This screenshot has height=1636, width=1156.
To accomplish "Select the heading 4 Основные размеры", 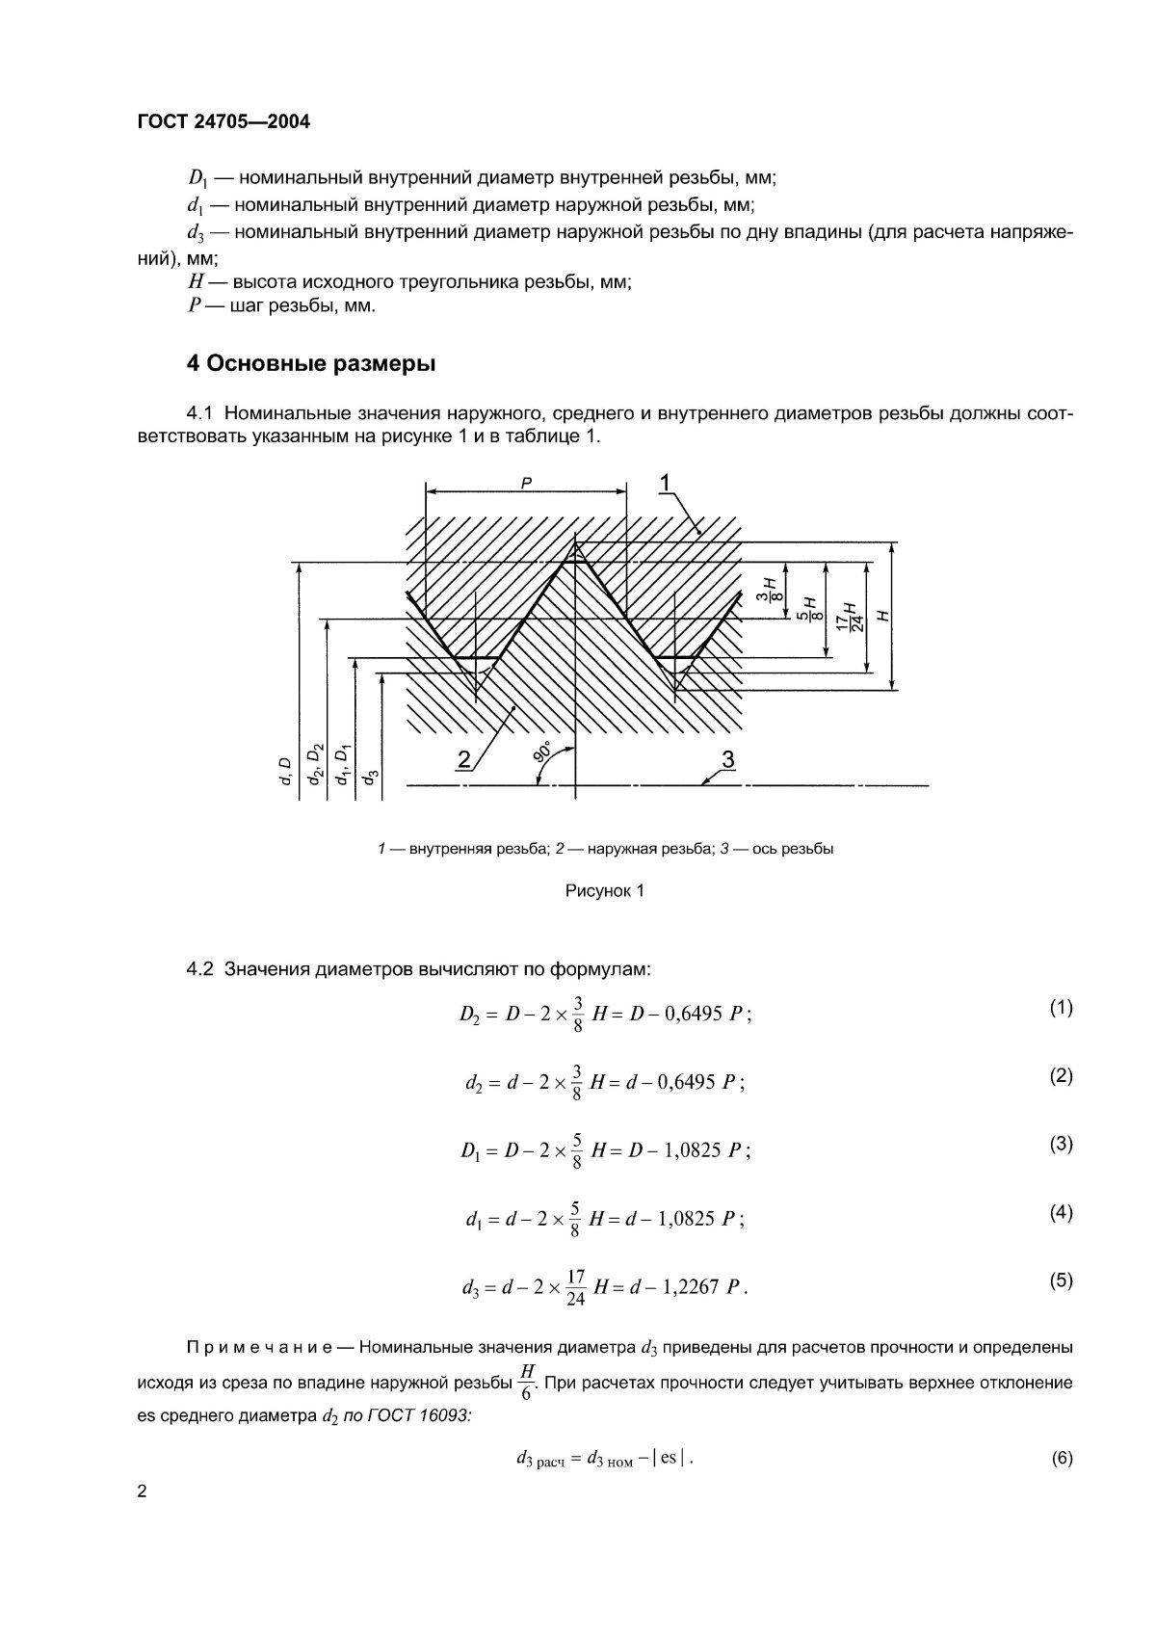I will (x=310, y=364).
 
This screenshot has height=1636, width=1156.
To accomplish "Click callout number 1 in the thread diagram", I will (x=667, y=481).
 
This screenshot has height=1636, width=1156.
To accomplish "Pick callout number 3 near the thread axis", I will (x=728, y=759).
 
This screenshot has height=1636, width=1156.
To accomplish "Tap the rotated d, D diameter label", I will (x=285, y=771).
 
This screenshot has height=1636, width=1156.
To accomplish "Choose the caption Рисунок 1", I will (x=604, y=891).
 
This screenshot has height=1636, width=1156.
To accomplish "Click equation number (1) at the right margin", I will (x=1061, y=1008).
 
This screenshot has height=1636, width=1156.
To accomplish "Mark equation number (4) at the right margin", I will (x=1061, y=1213).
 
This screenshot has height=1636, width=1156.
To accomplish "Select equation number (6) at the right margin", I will (x=1061, y=1459).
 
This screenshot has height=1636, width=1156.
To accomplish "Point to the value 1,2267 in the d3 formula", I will (x=690, y=1287).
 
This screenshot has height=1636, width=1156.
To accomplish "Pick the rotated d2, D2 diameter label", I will (x=315, y=766).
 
